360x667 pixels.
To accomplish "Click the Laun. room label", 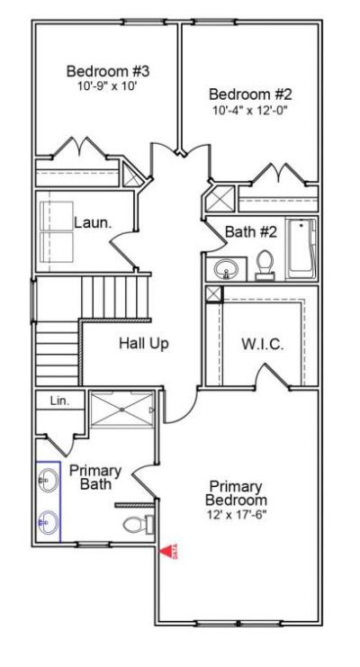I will (92, 221).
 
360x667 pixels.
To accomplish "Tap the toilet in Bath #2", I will (265, 264).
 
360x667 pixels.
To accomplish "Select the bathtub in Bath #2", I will (301, 249).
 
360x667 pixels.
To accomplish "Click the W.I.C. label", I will (262, 344).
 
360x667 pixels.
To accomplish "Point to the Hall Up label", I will (143, 343).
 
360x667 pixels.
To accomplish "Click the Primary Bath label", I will (89, 477).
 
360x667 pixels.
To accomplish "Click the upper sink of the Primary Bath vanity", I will (48, 482).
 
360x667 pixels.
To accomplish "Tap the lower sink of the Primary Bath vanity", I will (48, 520).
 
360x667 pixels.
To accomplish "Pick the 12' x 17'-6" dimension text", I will (236, 514).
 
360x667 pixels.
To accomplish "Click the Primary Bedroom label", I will (236, 491).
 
